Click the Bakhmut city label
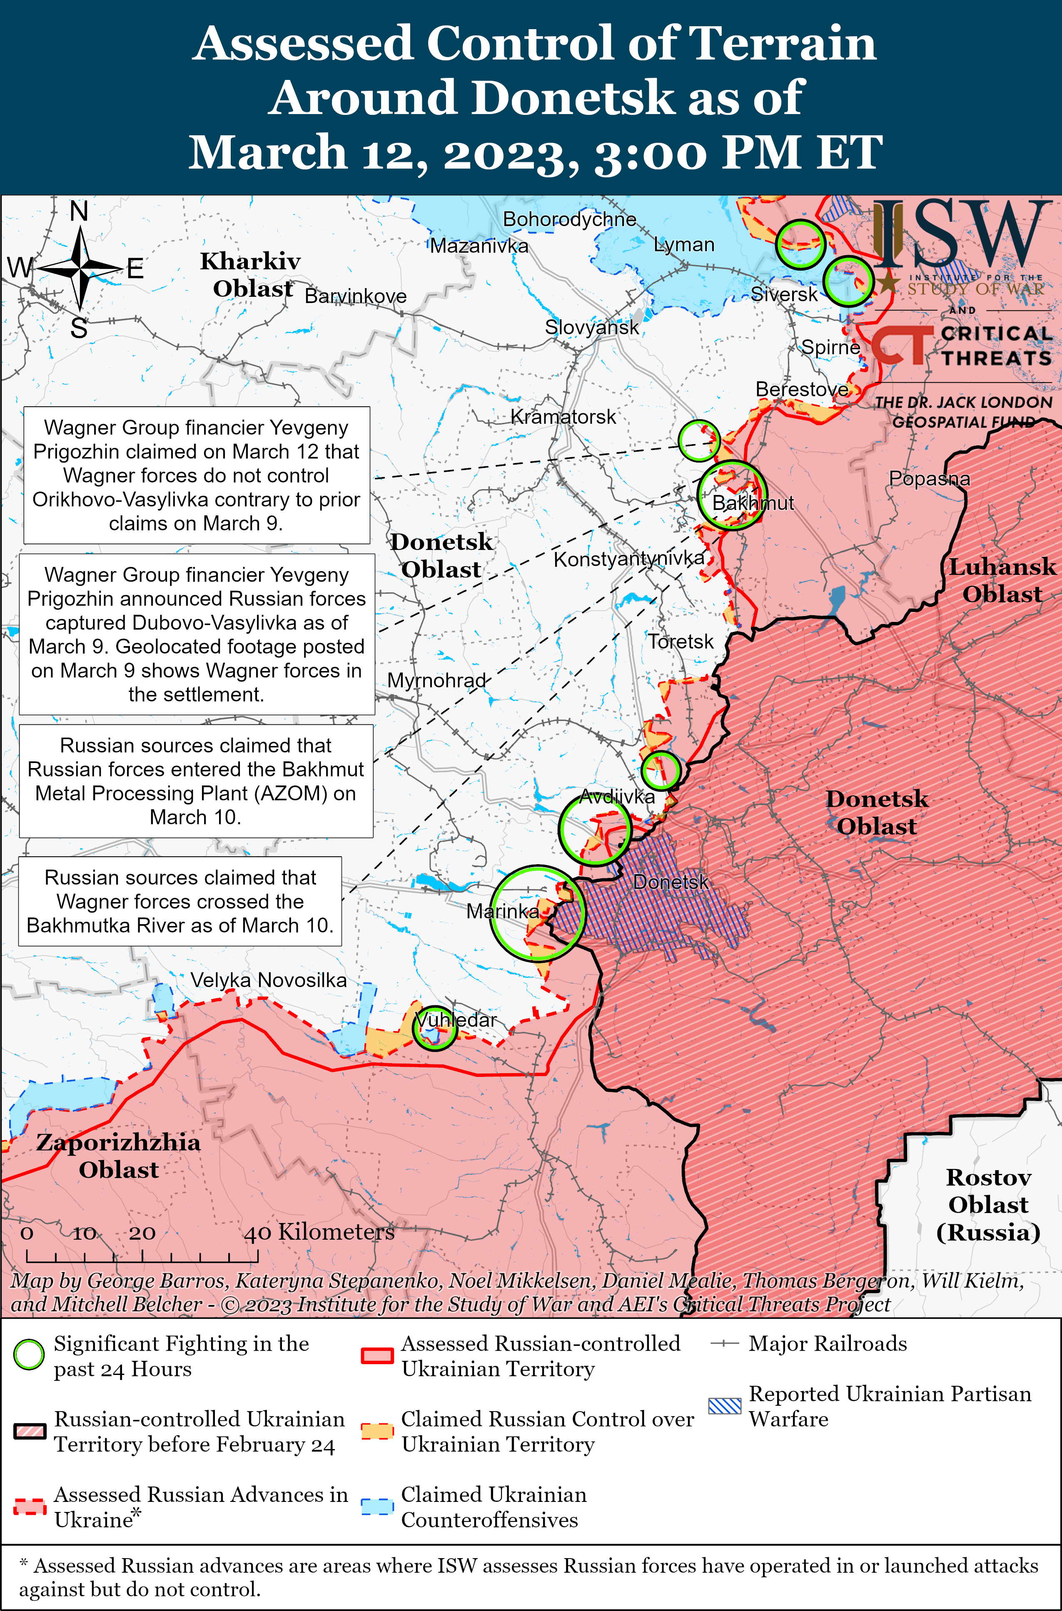[x=753, y=503]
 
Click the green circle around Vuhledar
[x=435, y=1027]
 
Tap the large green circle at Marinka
[x=538, y=913]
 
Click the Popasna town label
[x=929, y=479]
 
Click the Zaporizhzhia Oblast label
[x=119, y=1156]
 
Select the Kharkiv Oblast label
[x=251, y=274]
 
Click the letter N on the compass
[x=79, y=212]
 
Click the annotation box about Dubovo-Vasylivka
[x=197, y=634]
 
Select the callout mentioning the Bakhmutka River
[x=180, y=901]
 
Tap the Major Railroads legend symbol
[x=724, y=1344]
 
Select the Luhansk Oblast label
[x=1002, y=580]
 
